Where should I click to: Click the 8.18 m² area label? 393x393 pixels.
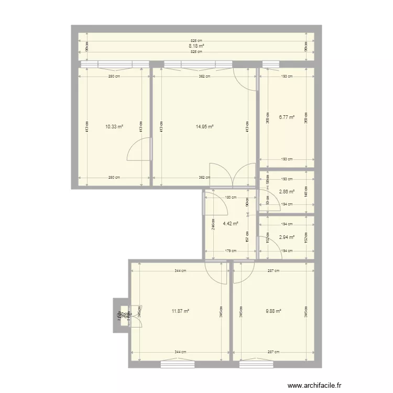click(x=196, y=46)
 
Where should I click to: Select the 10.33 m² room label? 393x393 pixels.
click(x=114, y=126)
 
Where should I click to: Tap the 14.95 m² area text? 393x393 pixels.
click(x=204, y=126)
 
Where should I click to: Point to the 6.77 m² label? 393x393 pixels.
click(x=287, y=117)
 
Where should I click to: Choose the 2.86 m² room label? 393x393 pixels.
click(x=287, y=192)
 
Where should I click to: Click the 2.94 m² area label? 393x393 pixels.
click(x=287, y=237)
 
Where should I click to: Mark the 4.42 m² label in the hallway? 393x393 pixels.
click(x=231, y=223)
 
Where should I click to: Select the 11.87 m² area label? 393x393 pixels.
click(x=180, y=311)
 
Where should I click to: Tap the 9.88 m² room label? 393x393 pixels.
click(x=274, y=311)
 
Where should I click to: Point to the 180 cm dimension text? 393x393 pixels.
click(x=231, y=198)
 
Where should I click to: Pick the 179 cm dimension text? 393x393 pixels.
click(x=231, y=250)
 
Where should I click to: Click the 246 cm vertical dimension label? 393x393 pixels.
click(x=212, y=224)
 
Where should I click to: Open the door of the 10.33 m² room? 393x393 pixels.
click(x=139, y=150)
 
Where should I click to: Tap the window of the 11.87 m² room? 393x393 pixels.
click(x=178, y=362)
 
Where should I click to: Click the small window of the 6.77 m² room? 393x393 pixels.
click(x=270, y=65)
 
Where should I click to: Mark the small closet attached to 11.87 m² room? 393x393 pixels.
click(x=121, y=316)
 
